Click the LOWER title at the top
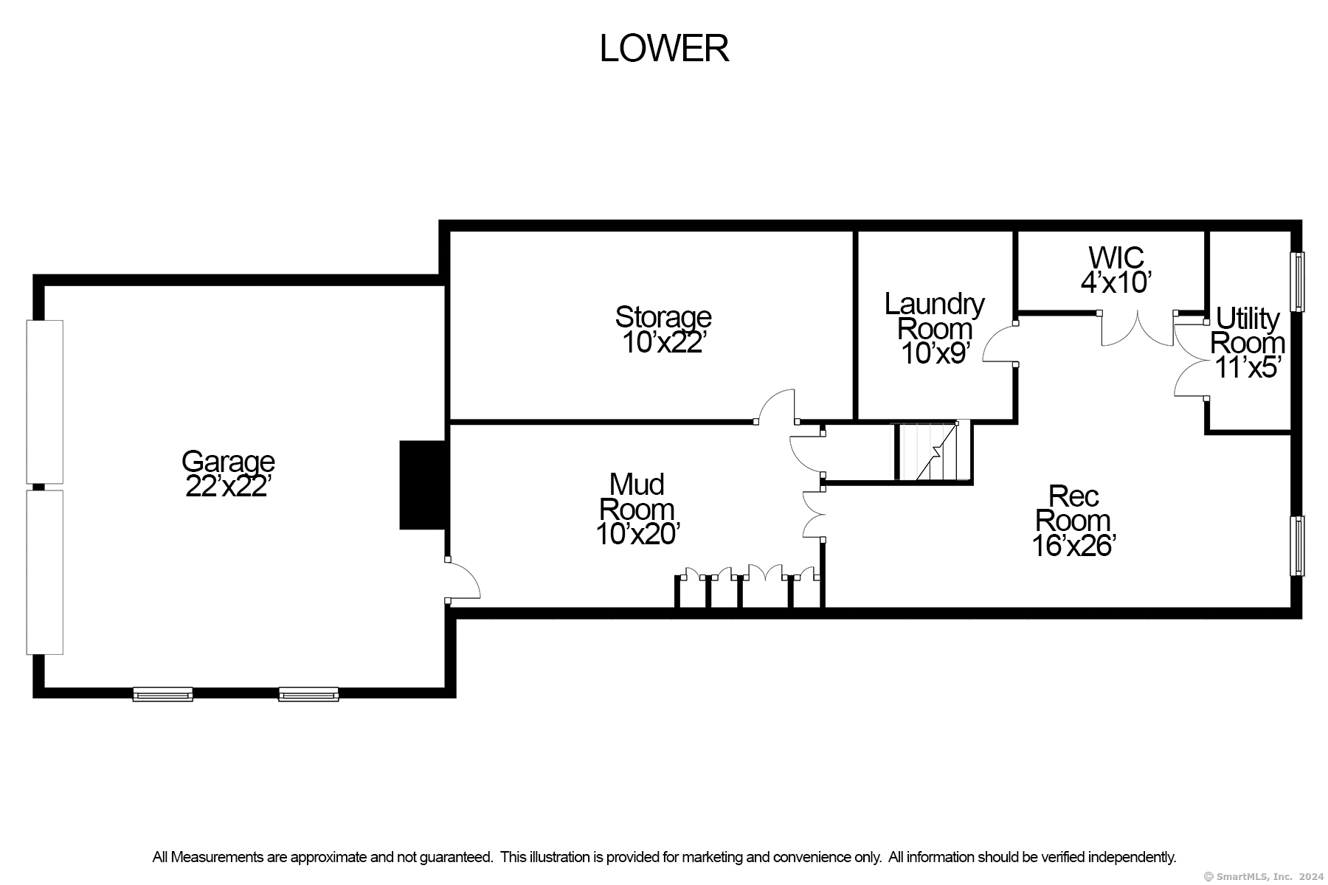coord(664,49)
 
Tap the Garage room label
coord(228,462)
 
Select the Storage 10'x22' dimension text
coord(663,343)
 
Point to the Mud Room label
coord(637,496)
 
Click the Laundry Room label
coord(935,316)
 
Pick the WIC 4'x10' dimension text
coord(1116,282)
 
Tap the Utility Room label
coord(1248,330)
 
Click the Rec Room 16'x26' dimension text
coord(1073,546)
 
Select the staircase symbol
coord(933,451)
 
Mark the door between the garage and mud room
coord(463,580)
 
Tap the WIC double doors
coord(1137,328)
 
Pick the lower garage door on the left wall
coord(45,572)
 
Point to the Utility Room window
coord(1297,282)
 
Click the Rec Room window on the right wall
coord(1297,546)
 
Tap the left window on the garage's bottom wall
coord(163,694)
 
